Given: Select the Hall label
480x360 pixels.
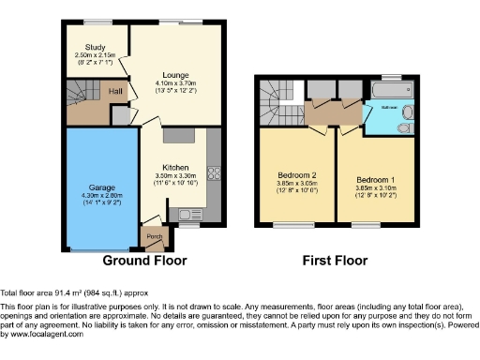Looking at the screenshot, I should point(114,91).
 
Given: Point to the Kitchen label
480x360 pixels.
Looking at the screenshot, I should point(175,167).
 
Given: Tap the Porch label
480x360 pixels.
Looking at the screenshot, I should point(151,235).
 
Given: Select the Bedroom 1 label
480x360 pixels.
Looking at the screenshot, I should point(373,177).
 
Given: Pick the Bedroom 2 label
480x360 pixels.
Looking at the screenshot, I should point(295,174).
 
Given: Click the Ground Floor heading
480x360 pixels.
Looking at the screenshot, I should point(143,261).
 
